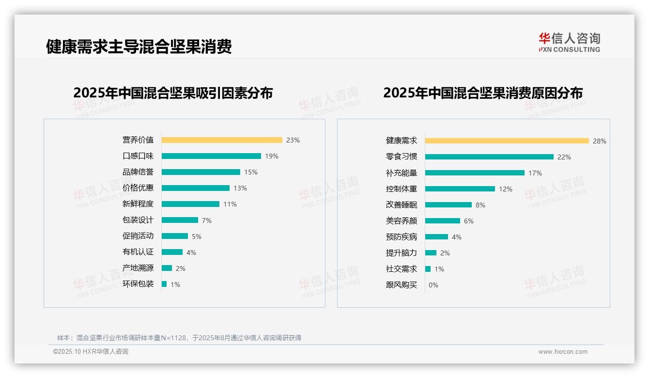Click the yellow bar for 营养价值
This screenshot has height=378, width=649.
coord(222,140)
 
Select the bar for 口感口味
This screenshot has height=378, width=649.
coord(211,156)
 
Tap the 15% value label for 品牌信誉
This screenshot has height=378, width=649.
coord(251,172)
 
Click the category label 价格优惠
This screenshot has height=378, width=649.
coord(138,188)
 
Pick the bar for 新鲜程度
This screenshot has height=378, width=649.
coord(190,204)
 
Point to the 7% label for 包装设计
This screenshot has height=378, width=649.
coord(207,220)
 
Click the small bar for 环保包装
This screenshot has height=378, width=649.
coord(164,284)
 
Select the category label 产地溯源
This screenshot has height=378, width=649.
coord(138,268)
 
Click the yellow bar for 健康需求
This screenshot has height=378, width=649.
coord(507,141)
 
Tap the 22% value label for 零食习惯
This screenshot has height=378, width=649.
coord(564,157)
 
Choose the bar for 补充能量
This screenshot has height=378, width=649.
coord(475,173)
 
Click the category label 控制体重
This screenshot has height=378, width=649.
coord(402,189)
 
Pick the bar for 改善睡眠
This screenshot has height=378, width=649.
coord(448,205)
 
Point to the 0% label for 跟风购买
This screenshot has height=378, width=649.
coord(433,285)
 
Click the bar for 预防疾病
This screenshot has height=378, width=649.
coord(436,236)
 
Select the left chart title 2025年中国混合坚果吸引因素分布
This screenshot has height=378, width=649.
coord(173,93)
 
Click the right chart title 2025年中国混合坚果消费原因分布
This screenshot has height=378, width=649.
coord(483,93)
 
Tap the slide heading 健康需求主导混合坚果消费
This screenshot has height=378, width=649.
coord(139,47)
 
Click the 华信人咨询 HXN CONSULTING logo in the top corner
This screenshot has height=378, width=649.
coord(569,43)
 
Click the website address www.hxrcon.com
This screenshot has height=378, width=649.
coord(563,352)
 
